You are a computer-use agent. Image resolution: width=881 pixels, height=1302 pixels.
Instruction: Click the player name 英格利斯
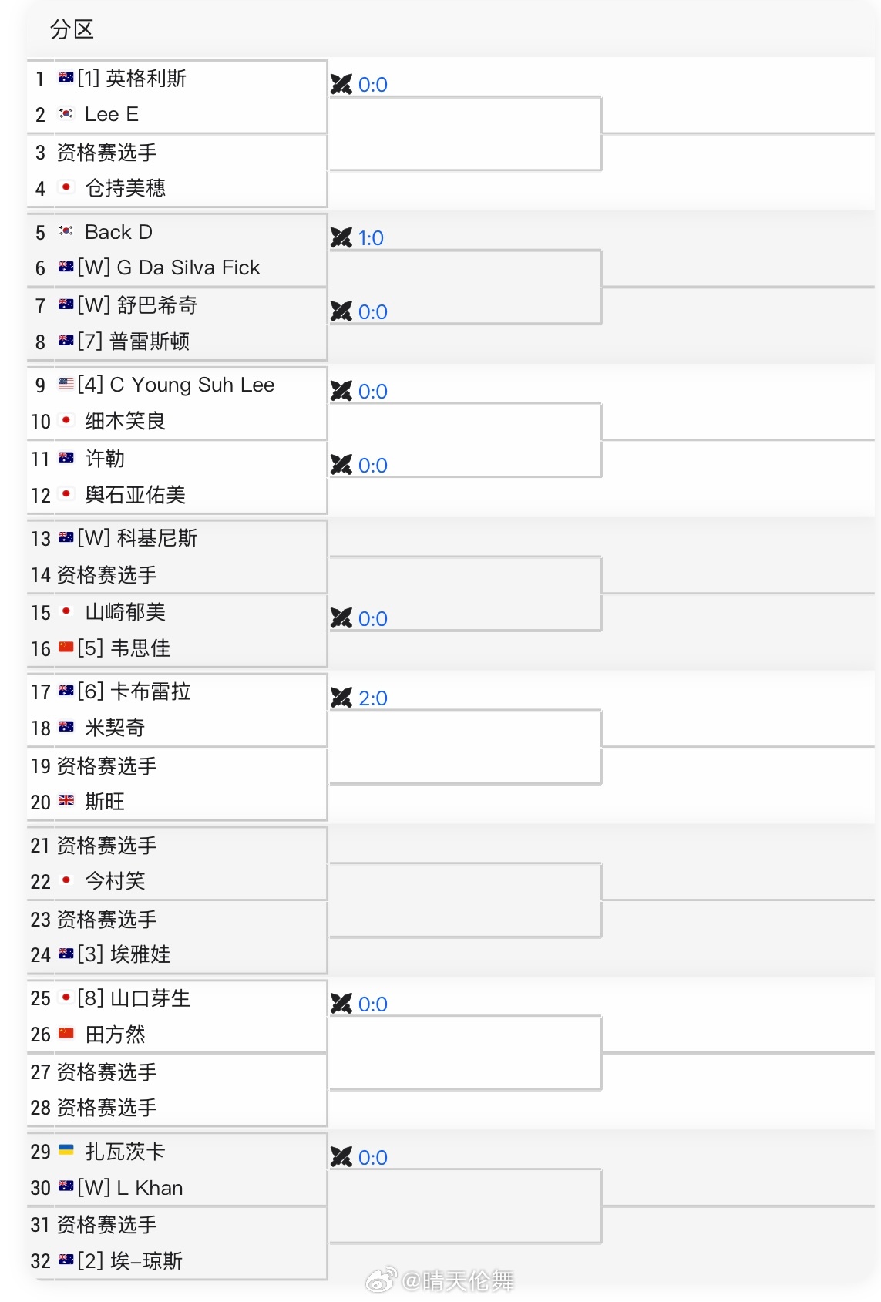pyautogui.click(x=146, y=79)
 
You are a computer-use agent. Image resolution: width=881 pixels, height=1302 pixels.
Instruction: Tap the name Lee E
pyautogui.click(x=111, y=115)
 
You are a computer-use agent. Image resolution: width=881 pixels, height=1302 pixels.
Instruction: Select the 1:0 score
pyautogui.click(x=371, y=238)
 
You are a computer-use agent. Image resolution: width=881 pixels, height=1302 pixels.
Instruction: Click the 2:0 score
pyautogui.click(x=373, y=698)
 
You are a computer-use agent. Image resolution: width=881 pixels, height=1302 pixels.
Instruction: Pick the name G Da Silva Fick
pyautogui.click(x=188, y=268)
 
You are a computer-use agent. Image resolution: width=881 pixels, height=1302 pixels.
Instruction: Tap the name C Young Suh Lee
pyautogui.click(x=192, y=385)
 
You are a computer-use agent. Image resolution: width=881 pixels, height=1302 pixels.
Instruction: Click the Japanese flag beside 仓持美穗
pyautogui.click(x=66, y=187)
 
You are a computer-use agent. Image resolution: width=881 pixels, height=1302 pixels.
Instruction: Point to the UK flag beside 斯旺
pyautogui.click(x=66, y=801)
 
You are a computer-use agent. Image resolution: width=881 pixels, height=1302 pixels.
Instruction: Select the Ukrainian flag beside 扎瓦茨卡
pyautogui.click(x=66, y=1150)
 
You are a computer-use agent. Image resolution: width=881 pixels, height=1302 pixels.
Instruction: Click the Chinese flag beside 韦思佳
pyautogui.click(x=66, y=648)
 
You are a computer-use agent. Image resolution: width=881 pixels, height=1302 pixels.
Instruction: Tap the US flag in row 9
pyautogui.click(x=66, y=384)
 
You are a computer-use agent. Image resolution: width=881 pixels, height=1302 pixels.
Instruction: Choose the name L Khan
pyautogui.click(x=150, y=1188)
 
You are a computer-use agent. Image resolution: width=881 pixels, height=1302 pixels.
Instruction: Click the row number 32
pyautogui.click(x=41, y=1261)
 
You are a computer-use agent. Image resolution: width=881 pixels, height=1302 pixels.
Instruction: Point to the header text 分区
pyautogui.click(x=72, y=30)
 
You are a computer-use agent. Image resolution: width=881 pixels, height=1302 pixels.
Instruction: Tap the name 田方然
pyautogui.click(x=115, y=1035)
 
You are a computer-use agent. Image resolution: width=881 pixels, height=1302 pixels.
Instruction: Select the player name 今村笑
pyautogui.click(x=115, y=880)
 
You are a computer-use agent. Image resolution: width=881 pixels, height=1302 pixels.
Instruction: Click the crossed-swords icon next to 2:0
pyautogui.click(x=341, y=698)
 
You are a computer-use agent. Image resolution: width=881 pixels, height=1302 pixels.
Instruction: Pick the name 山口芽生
pyautogui.click(x=150, y=998)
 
